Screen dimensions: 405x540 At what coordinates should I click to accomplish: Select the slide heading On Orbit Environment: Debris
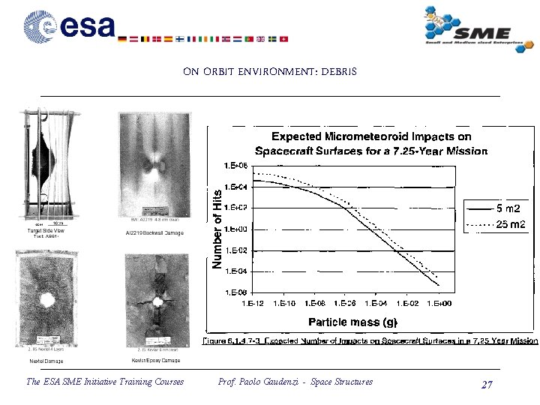[x=270, y=72]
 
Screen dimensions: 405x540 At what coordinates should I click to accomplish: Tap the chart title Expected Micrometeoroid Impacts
[x=371, y=143]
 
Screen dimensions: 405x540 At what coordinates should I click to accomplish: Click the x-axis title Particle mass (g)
[x=352, y=322]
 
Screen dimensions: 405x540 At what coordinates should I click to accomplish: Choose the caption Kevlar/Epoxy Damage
[x=155, y=361]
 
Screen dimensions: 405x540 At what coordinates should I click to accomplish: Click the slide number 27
[x=487, y=384]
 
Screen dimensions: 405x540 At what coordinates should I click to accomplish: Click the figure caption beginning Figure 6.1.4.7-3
[x=370, y=340]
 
